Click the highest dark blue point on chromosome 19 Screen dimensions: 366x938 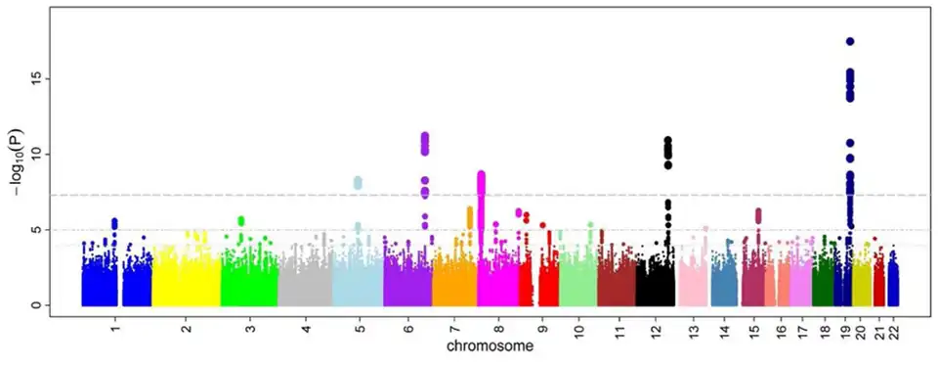(x=850, y=41)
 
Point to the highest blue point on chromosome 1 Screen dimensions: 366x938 (x=114, y=222)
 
